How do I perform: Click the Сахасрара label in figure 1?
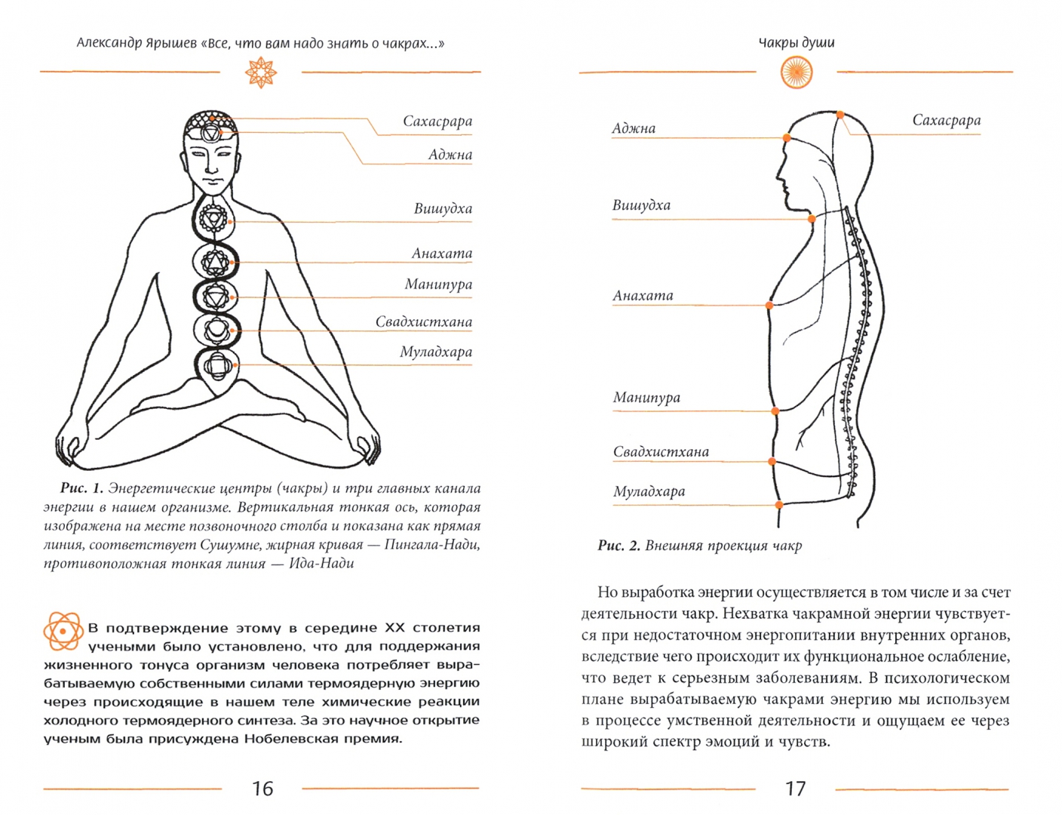pyautogui.click(x=437, y=121)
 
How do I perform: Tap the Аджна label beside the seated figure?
pyautogui.click(x=450, y=155)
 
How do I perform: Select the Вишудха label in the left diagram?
pyautogui.click(x=443, y=209)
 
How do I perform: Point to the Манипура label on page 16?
pyautogui.click(x=438, y=284)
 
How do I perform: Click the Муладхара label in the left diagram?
pyautogui.click(x=436, y=352)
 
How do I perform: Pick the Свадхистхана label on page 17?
pyautogui.click(x=661, y=452)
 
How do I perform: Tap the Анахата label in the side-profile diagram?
pyautogui.click(x=643, y=296)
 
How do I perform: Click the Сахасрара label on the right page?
pyautogui.click(x=946, y=121)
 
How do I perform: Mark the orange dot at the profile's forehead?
pyautogui.click(x=787, y=138)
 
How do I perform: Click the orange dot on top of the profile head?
pyautogui.click(x=840, y=115)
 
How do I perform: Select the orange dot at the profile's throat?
pyautogui.click(x=812, y=219)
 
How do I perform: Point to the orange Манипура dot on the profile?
pyautogui.click(x=775, y=411)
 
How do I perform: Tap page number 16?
pyautogui.click(x=262, y=789)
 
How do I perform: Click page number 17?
pyautogui.click(x=796, y=789)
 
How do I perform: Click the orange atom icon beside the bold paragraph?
pyautogui.click(x=63, y=630)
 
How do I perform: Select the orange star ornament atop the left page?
pyautogui.click(x=261, y=73)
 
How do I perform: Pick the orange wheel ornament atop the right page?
pyautogui.click(x=796, y=73)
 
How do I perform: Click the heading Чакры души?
pyautogui.click(x=796, y=42)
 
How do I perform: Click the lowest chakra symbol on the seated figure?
pyautogui.click(x=217, y=366)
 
